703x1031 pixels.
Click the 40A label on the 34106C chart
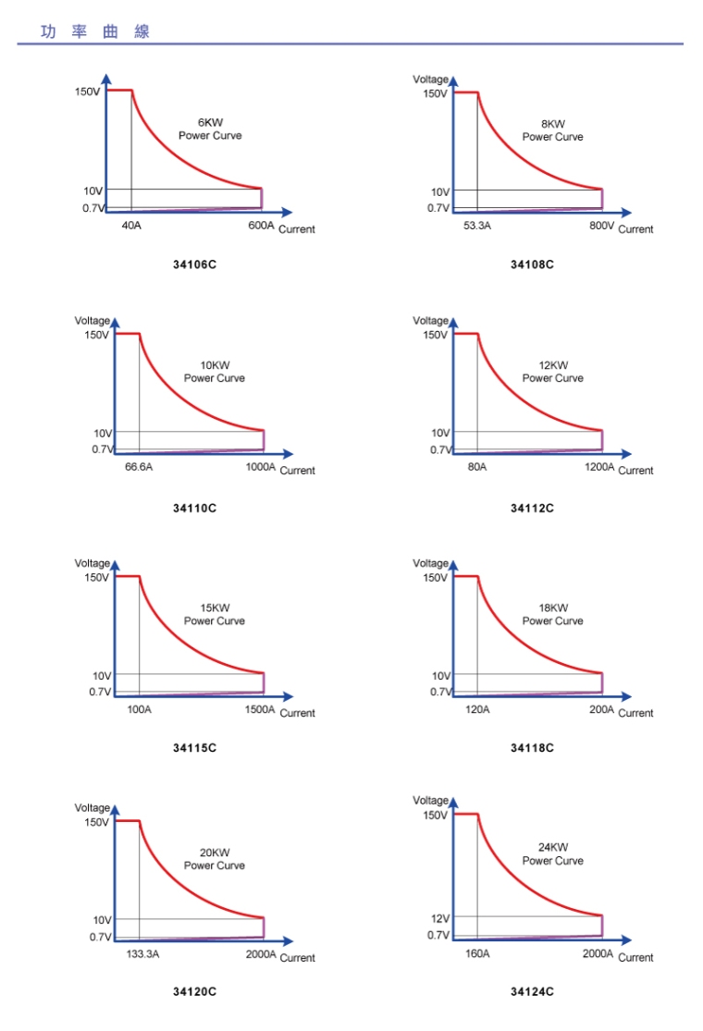click(131, 225)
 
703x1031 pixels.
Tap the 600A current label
click(261, 226)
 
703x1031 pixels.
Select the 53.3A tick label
click(477, 226)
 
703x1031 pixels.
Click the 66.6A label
click(139, 467)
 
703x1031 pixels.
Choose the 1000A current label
click(261, 467)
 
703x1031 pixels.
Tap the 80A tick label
click(477, 467)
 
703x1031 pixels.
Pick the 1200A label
click(599, 467)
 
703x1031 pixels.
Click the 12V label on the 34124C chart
click(439, 918)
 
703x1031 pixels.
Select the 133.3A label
click(142, 953)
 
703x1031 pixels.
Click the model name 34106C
click(195, 265)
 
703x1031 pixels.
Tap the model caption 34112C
click(533, 508)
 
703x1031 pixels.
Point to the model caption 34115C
click(195, 747)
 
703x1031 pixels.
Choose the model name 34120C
click(195, 991)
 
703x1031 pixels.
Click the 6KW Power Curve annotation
click(210, 129)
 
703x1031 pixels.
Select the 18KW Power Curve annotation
click(553, 614)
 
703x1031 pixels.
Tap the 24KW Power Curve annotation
click(553, 853)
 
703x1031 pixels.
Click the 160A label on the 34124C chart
click(477, 953)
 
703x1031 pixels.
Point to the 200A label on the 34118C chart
click(601, 709)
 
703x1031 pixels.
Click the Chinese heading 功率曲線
click(95, 31)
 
